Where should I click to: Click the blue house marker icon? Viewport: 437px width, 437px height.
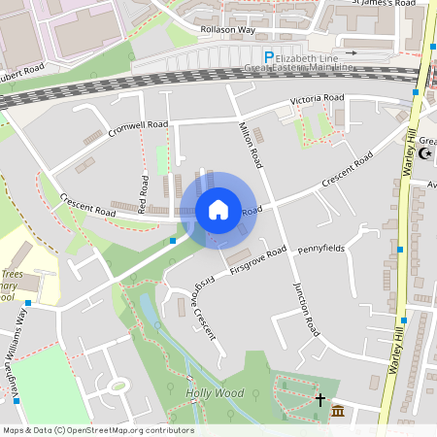(218, 210)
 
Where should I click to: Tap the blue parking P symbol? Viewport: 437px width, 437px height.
(270, 58)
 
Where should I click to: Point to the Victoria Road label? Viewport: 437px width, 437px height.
(317, 99)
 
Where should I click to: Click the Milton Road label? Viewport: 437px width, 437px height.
(251, 146)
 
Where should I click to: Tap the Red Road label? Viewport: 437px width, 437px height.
(143, 194)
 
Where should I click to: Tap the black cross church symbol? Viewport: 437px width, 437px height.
(320, 399)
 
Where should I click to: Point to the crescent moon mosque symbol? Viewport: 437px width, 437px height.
(423, 154)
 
